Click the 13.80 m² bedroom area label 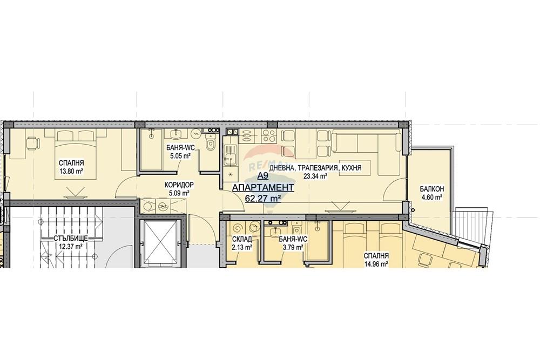click(72, 171)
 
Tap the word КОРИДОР click(179, 185)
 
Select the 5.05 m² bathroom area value click(181, 156)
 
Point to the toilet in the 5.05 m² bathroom click(210, 143)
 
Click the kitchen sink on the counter click(230, 154)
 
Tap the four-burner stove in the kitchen click(269, 136)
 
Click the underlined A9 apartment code click(263, 176)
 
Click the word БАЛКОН click(431, 189)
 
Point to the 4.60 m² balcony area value click(432, 197)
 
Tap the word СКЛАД click(242, 239)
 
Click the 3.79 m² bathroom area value click(293, 247)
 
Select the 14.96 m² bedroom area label click(377, 264)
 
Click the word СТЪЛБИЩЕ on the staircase click(71, 238)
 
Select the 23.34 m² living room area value click(315, 176)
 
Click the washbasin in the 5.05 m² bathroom click(177, 133)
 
